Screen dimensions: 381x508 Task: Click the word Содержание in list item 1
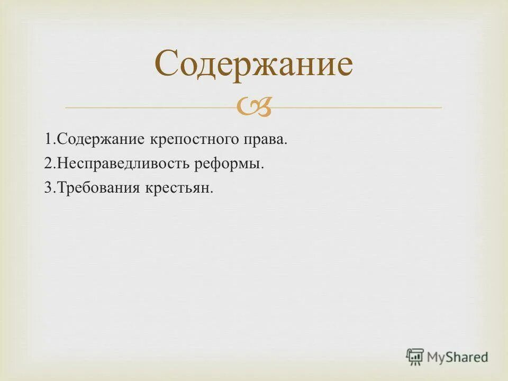[x=94, y=140]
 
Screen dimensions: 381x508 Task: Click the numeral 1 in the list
[x=48, y=140]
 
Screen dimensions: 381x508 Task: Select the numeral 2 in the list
[x=48, y=164]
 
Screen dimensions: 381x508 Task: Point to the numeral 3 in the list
[x=48, y=188]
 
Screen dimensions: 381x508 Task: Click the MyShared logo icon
[x=415, y=357]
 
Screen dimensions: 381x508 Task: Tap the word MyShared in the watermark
[x=458, y=357]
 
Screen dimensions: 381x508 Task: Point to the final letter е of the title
[x=343, y=66]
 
